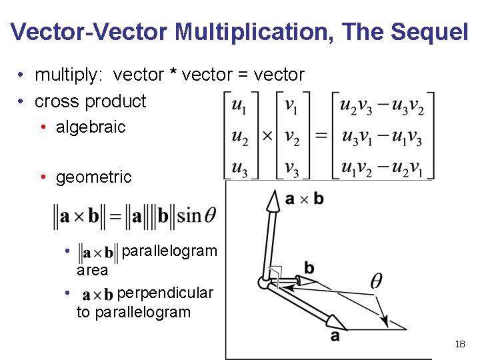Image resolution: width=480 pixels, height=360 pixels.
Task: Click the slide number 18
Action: [459, 344]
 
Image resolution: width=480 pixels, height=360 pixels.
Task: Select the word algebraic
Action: [91, 127]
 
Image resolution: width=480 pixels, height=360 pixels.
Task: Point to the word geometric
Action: [94, 177]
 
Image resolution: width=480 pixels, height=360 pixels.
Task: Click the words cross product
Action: [90, 101]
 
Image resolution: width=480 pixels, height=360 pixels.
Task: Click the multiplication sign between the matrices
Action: [267, 135]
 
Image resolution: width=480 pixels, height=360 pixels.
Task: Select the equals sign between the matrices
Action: [321, 135]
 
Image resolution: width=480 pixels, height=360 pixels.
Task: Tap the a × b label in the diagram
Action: [304, 199]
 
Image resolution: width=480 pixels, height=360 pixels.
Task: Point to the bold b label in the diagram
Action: [309, 268]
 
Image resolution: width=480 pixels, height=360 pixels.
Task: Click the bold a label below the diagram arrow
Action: [335, 337]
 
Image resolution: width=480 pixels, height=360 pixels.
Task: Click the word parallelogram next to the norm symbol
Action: [170, 251]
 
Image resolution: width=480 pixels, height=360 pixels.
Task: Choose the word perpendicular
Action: [165, 293]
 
